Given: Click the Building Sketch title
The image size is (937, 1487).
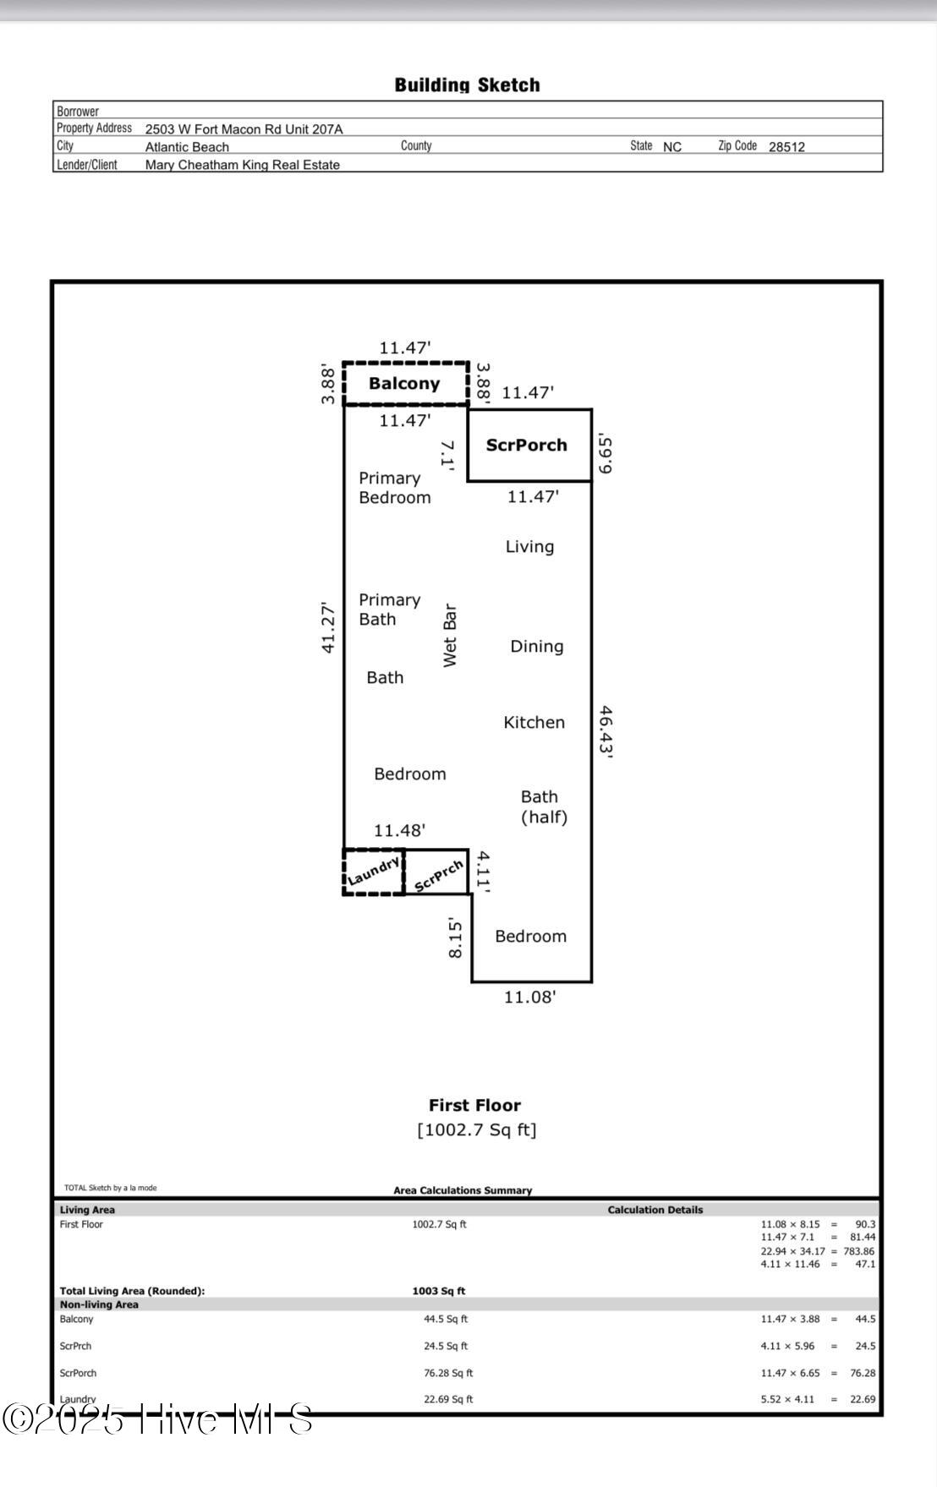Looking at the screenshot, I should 467,85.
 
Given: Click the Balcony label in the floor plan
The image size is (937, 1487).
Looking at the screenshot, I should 404,384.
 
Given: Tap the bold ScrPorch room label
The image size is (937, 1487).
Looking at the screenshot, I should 526,446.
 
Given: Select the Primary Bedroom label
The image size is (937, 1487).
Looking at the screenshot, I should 394,488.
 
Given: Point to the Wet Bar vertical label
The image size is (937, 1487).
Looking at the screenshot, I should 450,636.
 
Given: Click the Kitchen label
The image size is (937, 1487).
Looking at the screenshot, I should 534,723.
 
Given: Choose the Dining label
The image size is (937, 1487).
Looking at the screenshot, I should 536,647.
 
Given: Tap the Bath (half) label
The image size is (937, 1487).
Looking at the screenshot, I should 543,807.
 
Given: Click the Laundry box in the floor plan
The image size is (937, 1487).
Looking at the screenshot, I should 373,872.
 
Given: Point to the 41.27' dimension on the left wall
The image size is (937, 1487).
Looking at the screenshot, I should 328,627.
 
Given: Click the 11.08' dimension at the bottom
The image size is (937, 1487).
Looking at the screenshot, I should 529,998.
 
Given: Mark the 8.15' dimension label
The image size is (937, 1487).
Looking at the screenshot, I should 455,938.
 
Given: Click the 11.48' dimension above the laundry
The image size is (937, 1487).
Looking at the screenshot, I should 399,831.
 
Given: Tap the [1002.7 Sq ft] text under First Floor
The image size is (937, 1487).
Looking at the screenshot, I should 476,1130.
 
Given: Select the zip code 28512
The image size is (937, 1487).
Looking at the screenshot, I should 786,147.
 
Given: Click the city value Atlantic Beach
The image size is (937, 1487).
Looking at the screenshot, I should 187,147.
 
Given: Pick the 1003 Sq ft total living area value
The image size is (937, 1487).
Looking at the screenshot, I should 438,1291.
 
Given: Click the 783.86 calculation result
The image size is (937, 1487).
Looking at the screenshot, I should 858,1251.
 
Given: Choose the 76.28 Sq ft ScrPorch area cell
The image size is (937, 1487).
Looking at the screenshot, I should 448,1373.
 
